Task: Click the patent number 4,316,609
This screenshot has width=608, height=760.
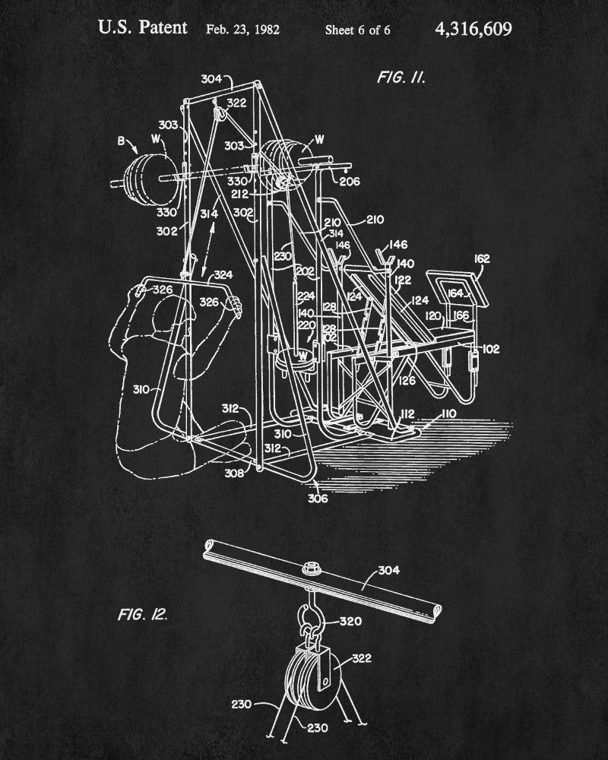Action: coord(473,29)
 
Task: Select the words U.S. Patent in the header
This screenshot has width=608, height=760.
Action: coord(143,28)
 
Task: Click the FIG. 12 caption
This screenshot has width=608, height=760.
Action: coord(142,613)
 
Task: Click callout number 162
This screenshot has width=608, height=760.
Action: coord(482,258)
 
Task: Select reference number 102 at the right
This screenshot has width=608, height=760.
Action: coord(491,350)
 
